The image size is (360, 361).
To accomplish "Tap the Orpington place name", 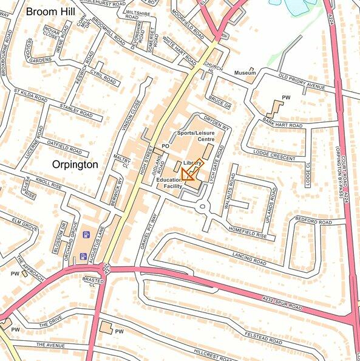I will tap(75, 165).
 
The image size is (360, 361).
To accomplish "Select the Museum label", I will tap(244, 73).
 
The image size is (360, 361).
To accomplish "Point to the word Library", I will tap(191, 163).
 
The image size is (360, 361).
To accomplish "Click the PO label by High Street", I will tap(165, 146).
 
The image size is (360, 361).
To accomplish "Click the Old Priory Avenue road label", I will tap(302, 82).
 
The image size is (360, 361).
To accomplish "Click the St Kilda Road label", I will tap(30, 95).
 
